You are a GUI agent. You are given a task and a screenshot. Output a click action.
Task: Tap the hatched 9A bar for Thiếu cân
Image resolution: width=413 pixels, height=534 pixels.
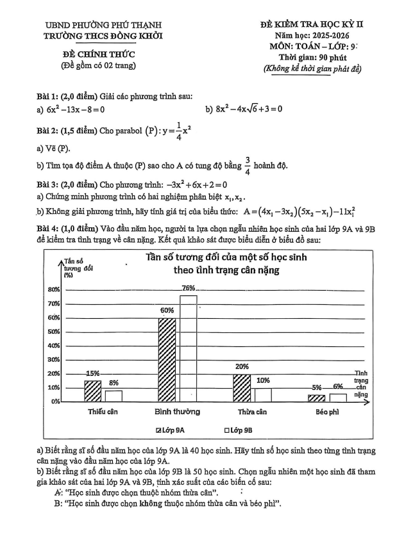(93, 391)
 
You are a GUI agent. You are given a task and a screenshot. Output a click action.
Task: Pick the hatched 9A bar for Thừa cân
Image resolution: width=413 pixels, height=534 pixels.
(242, 387)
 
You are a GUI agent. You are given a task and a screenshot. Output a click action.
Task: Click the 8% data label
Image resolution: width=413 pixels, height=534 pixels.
(114, 382)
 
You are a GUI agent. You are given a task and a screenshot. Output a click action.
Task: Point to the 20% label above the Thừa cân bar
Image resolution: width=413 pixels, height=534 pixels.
(242, 367)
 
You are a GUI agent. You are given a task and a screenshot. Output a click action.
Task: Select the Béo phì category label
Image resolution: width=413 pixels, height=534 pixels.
(327, 412)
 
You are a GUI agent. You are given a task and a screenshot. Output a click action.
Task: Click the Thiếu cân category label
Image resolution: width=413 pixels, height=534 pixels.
(103, 412)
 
